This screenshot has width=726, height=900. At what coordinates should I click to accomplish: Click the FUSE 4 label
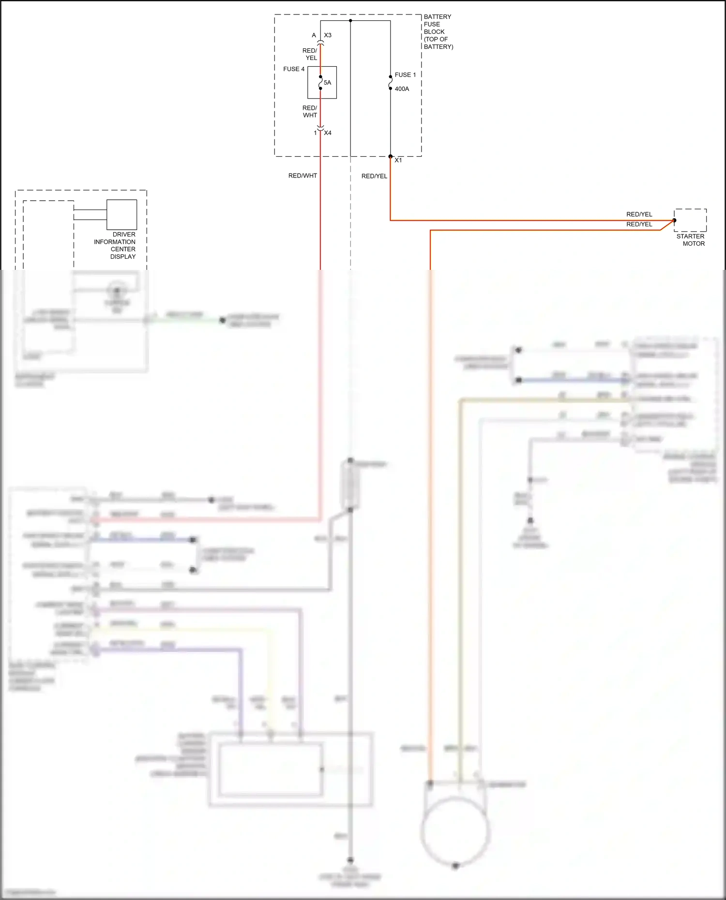tap(294, 69)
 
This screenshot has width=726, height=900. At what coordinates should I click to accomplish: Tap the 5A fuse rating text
tap(328, 83)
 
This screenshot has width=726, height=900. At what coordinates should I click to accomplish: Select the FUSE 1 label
tap(405, 75)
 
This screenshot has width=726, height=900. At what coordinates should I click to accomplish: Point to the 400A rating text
tap(402, 89)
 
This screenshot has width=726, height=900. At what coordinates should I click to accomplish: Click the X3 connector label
tap(328, 35)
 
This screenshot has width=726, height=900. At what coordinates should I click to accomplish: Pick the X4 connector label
tap(328, 133)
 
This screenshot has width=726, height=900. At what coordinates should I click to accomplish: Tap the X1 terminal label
tap(398, 160)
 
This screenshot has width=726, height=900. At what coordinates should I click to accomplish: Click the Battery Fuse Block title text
tap(438, 31)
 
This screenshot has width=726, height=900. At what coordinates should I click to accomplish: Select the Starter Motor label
tap(691, 240)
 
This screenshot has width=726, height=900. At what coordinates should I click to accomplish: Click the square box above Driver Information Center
tap(121, 214)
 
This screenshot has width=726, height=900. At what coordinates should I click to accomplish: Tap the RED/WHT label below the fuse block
tap(302, 176)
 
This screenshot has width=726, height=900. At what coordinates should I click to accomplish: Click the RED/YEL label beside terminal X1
tap(374, 176)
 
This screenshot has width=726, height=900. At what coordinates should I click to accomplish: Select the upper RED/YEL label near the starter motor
tap(639, 214)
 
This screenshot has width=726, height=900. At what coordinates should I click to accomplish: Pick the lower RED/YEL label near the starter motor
tap(639, 224)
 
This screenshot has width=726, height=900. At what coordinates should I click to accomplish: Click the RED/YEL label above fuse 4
tap(310, 54)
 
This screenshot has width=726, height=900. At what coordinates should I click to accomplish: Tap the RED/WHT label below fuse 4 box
tap(310, 112)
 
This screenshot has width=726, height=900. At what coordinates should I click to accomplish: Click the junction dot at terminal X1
tap(391, 156)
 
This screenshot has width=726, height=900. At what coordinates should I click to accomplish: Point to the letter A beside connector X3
tap(314, 35)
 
